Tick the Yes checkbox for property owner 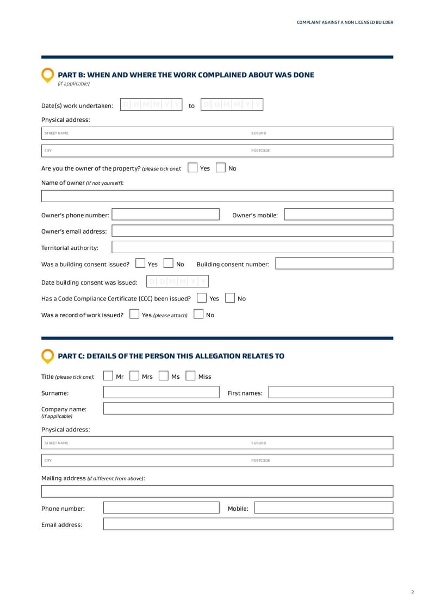tap(192, 168)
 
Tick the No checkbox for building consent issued tap(169, 264)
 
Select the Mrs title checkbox tap(134, 376)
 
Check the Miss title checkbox tap(190, 376)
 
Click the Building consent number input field tap(334, 264)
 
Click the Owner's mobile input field tap(338, 215)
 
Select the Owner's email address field tap(252, 231)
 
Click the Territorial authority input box tap(252, 247)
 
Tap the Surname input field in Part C tap(161, 392)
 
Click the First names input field tap(331, 392)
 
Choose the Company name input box tap(248, 409)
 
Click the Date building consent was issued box tap(177, 281)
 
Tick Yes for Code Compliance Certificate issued tap(202, 298)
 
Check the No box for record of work tap(198, 315)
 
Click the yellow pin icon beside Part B tap(48, 75)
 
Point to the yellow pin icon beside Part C tap(48, 356)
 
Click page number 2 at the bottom tap(412, 592)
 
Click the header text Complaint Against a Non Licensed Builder tap(345, 22)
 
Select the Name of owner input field tap(217, 196)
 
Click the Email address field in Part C tap(248, 524)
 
